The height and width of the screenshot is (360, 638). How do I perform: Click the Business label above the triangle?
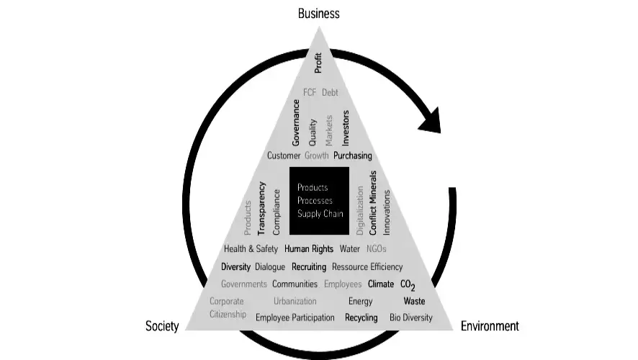click(x=318, y=14)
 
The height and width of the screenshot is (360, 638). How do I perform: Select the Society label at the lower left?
click(x=162, y=326)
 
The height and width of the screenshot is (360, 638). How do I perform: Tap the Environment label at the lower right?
click(x=490, y=326)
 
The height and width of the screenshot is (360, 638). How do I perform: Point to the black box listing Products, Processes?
click(x=319, y=201)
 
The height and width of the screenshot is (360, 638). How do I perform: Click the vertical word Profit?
click(x=318, y=62)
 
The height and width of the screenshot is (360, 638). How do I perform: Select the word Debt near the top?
click(x=330, y=92)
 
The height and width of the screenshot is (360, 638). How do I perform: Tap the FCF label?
click(x=310, y=92)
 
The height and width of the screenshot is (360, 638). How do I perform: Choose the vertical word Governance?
click(x=296, y=124)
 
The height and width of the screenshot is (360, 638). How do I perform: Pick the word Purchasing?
click(x=353, y=156)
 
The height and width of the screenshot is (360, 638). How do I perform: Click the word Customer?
click(x=284, y=156)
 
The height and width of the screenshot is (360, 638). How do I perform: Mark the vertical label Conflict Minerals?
click(x=373, y=203)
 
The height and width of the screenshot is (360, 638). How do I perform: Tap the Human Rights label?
click(x=309, y=249)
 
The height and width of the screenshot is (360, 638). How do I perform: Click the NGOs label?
click(x=377, y=249)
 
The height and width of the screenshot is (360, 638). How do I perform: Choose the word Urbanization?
click(x=295, y=302)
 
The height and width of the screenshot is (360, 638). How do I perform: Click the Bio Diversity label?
click(x=411, y=318)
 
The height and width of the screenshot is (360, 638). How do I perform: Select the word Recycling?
click(x=361, y=318)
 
